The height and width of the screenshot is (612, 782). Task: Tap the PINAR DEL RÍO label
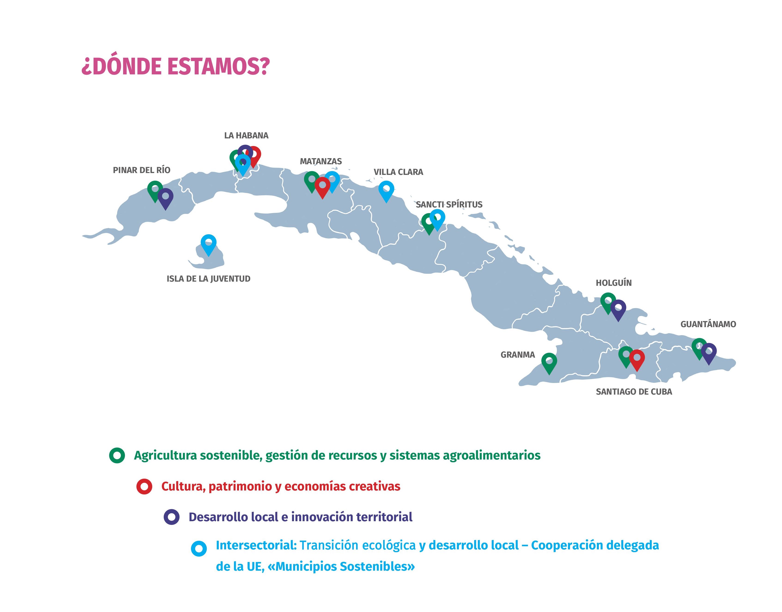(x=142, y=170)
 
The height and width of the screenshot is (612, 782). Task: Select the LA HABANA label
(x=246, y=135)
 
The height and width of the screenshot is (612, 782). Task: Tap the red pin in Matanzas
(x=322, y=186)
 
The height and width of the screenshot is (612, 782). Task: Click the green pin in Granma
(x=549, y=362)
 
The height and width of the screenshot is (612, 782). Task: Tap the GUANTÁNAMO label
(x=708, y=324)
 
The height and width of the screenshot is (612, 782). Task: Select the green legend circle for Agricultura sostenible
(x=117, y=455)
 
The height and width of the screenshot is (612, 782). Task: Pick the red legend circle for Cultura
(x=144, y=487)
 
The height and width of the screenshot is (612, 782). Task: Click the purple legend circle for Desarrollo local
(x=172, y=517)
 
